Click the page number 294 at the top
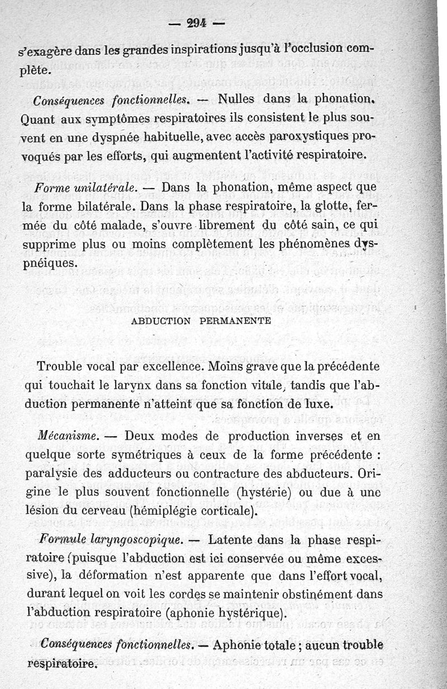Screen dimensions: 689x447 pyautogui.click(x=195, y=23)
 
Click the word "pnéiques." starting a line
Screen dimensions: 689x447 pyautogui.click(x=49, y=263)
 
